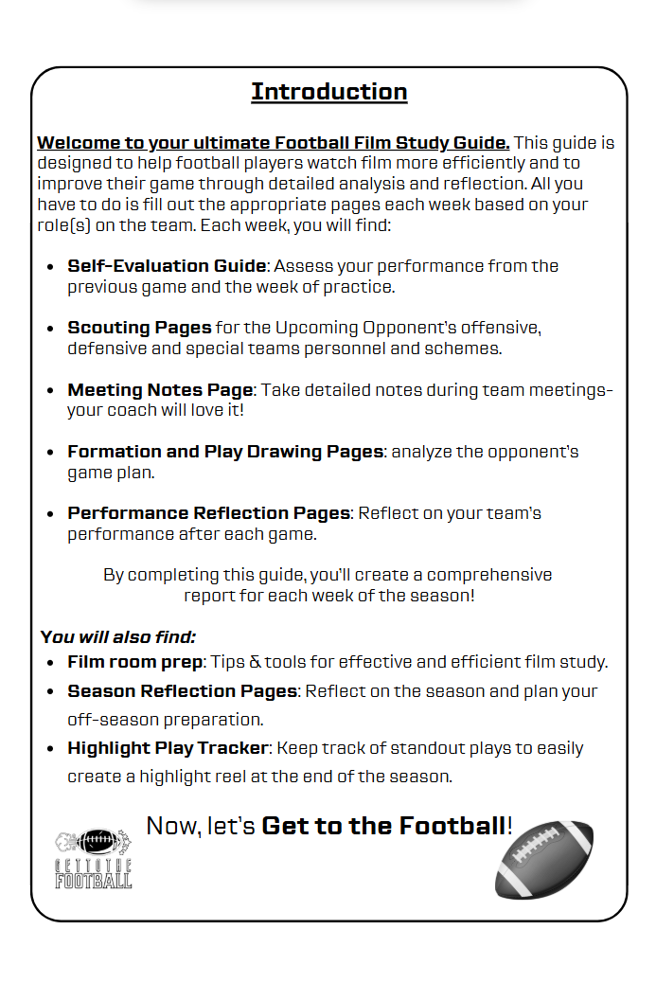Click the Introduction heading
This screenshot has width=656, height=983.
click(x=328, y=92)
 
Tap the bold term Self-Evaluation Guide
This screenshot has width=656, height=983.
click(x=167, y=266)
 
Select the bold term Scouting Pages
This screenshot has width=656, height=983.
click(x=139, y=328)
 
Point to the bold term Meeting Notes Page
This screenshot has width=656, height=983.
click(x=160, y=390)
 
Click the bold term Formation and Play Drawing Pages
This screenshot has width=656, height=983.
click(x=225, y=452)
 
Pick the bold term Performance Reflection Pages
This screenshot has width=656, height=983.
click(x=208, y=513)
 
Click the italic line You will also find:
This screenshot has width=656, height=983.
click(x=118, y=637)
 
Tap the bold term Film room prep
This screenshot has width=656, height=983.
click(x=135, y=661)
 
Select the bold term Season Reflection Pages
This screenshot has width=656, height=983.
click(x=182, y=691)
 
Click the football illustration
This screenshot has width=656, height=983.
click(x=544, y=859)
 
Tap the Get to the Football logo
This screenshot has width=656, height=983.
click(x=94, y=859)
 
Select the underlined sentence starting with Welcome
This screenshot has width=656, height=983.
click(x=274, y=143)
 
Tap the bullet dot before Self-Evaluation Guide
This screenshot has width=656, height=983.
click(x=49, y=267)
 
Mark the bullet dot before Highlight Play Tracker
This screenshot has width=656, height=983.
click(x=49, y=749)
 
